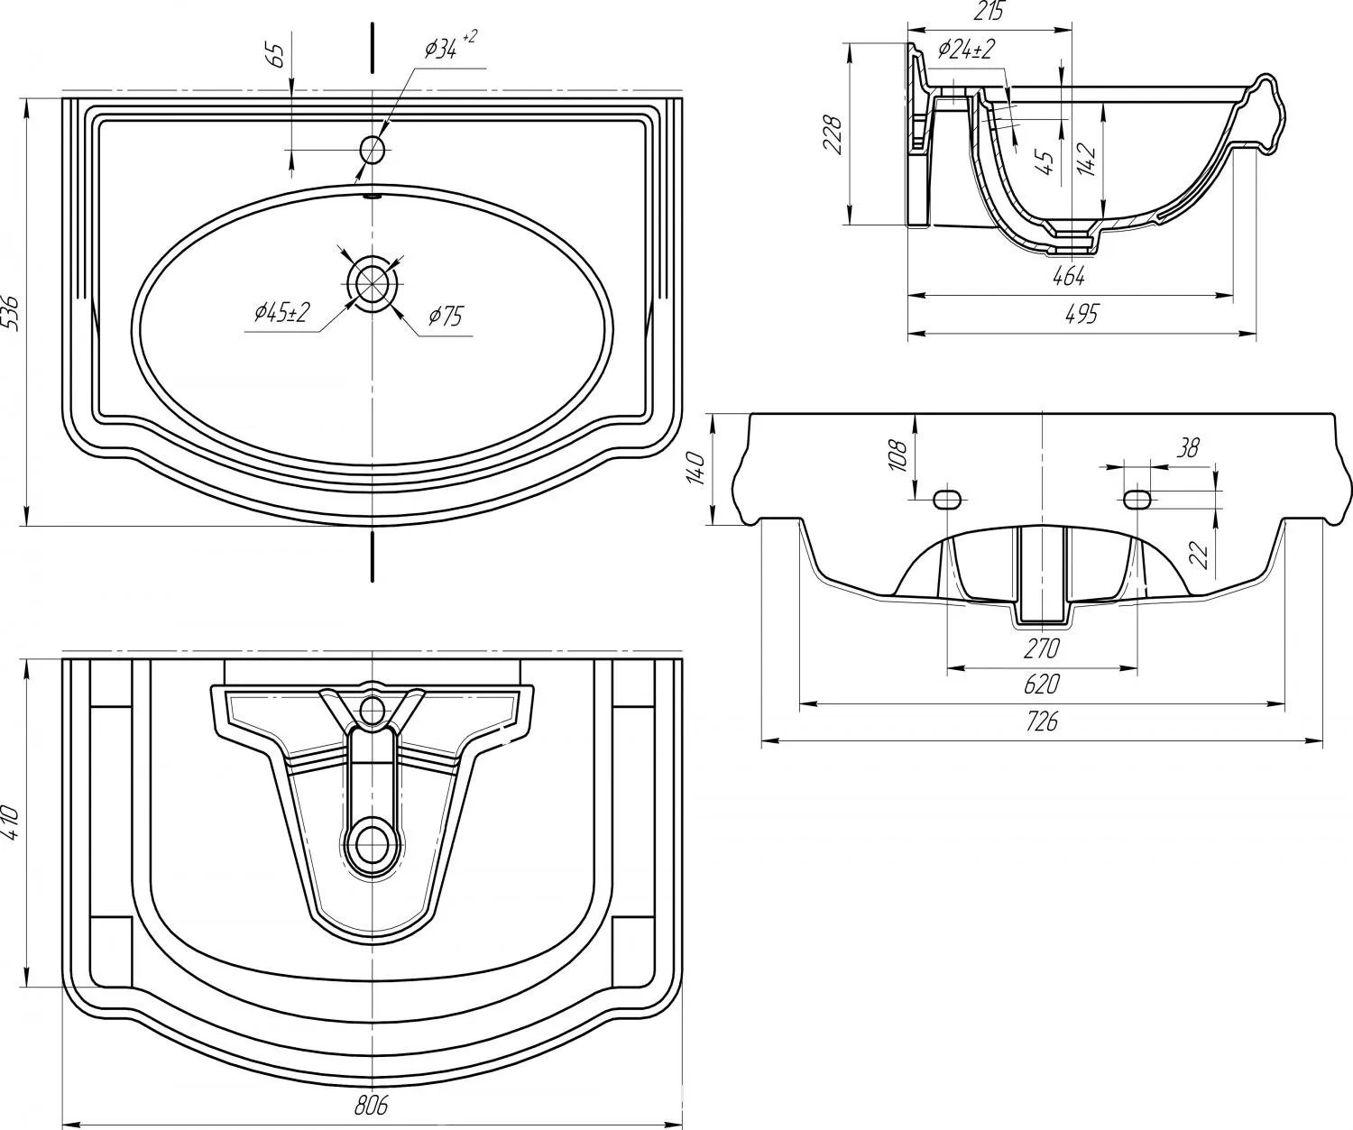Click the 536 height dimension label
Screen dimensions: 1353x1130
(x=14, y=314)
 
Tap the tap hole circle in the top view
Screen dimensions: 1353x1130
(x=373, y=151)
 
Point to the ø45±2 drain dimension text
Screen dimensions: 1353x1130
(x=282, y=314)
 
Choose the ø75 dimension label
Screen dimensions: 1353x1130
(x=446, y=317)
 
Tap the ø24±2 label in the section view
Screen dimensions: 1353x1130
(x=966, y=49)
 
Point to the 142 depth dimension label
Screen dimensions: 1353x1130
(x=1086, y=160)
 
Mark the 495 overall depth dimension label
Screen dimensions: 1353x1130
(x=1082, y=314)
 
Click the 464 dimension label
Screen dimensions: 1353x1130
(x=1069, y=277)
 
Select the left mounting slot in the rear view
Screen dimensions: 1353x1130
(x=947, y=499)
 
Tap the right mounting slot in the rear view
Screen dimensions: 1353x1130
(x=1137, y=499)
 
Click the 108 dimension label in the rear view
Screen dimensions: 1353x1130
(x=898, y=455)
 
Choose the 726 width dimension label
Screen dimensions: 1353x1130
(x=1041, y=721)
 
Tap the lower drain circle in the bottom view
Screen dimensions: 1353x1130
(x=372, y=843)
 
